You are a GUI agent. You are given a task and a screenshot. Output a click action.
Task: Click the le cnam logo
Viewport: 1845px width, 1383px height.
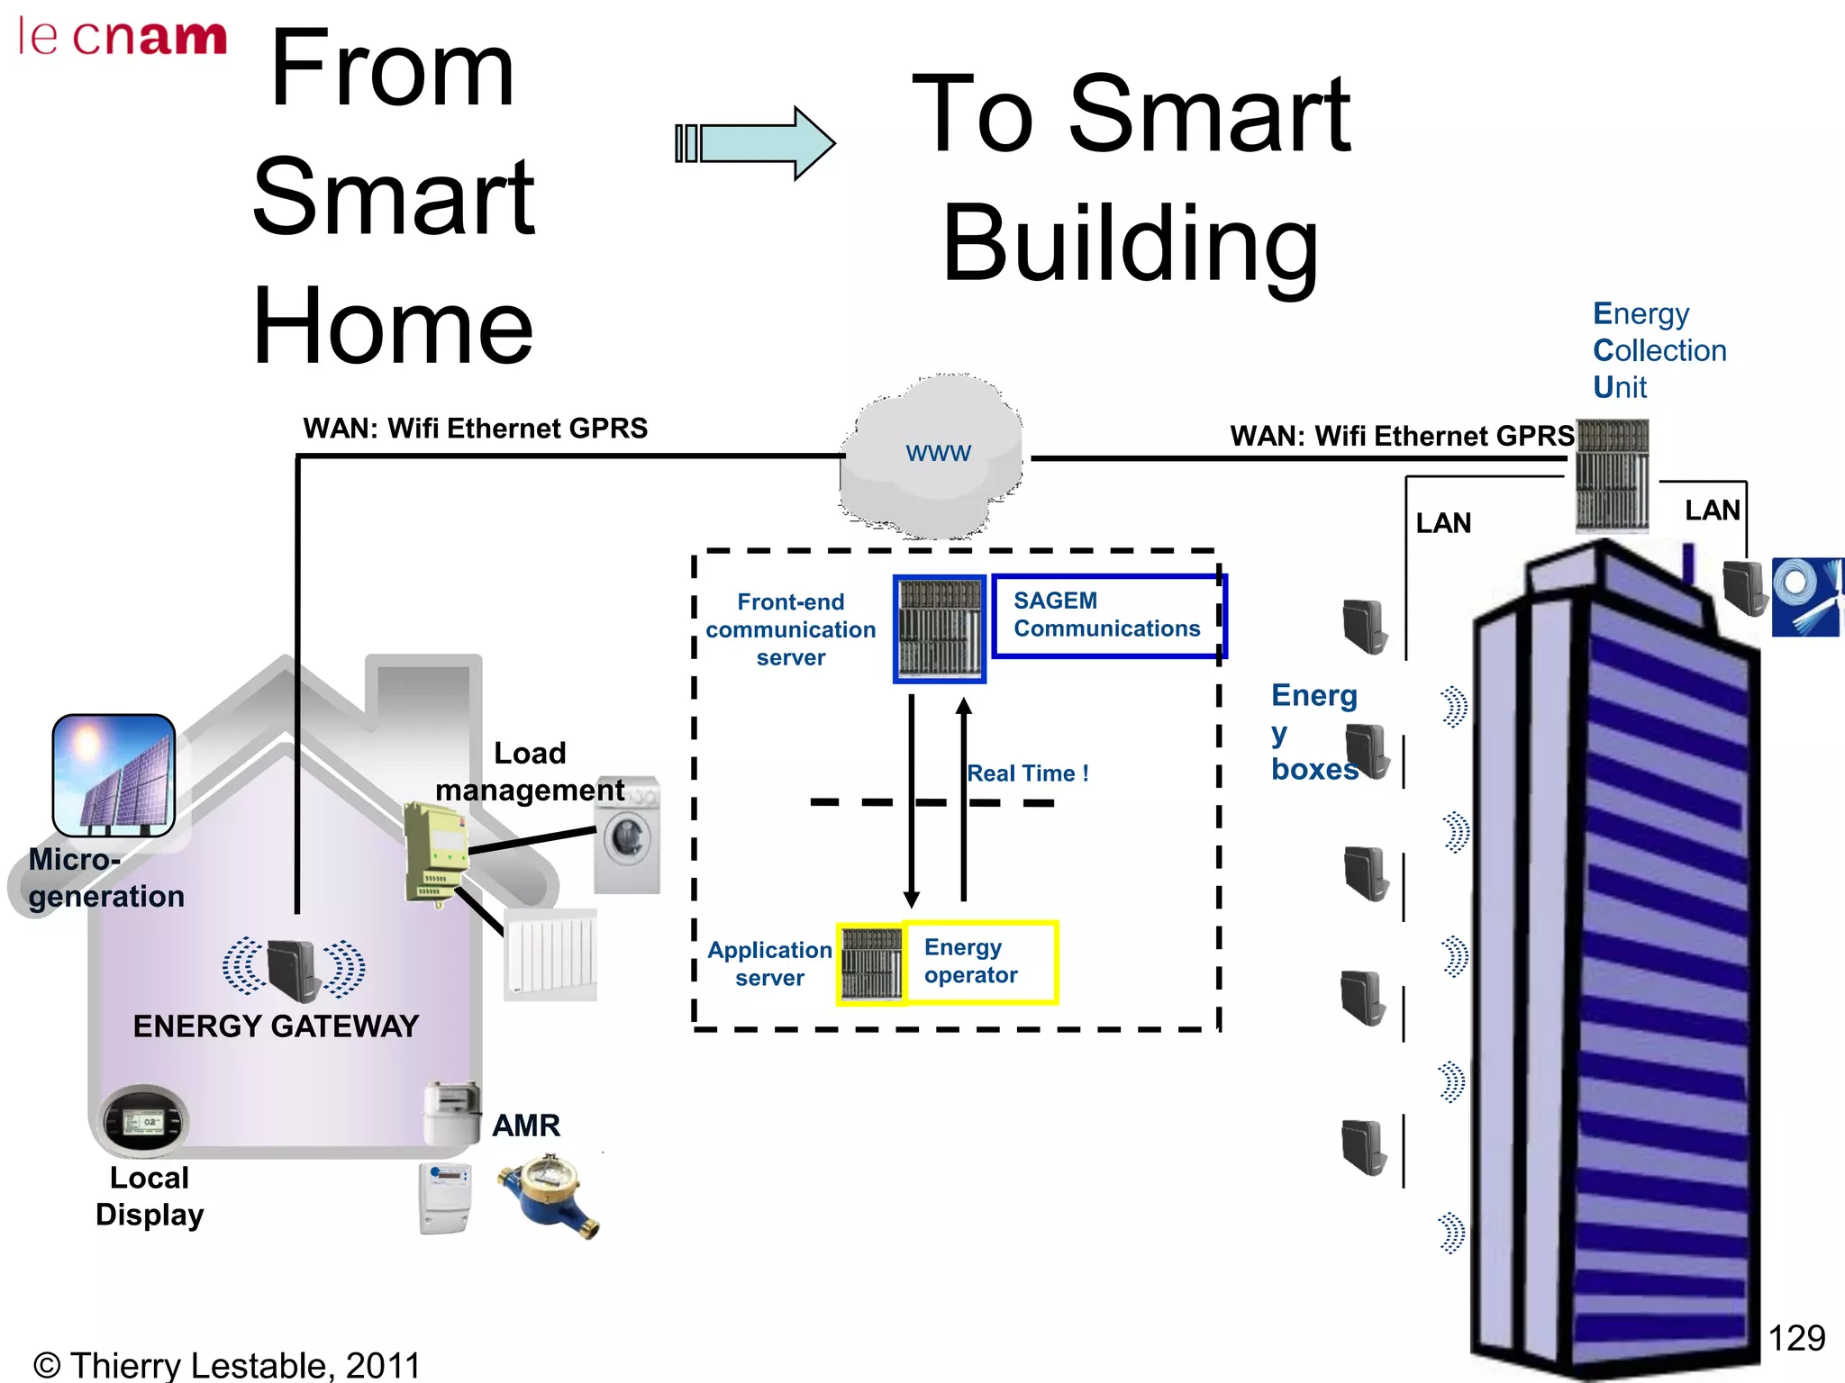pos(122,38)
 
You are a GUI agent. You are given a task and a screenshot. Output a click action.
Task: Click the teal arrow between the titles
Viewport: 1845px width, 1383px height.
pos(757,143)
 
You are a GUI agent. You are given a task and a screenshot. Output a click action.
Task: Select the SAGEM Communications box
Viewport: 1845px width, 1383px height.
pos(1107,615)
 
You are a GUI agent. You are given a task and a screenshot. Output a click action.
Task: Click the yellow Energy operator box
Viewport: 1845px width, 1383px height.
pos(978,962)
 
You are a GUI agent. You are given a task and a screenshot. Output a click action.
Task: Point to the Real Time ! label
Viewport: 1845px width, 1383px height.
pos(1028,773)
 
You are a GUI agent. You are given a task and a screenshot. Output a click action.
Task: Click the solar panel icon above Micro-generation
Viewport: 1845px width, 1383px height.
pos(114,774)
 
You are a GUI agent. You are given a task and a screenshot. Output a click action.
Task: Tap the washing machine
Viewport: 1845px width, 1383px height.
pos(628,835)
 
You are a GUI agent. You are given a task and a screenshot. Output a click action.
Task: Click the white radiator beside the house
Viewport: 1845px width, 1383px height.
pos(550,954)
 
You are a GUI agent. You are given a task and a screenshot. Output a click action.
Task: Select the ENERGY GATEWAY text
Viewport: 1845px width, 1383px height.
pos(276,1026)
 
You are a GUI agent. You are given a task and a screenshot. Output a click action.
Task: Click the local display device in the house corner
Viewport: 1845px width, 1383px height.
pos(142,1121)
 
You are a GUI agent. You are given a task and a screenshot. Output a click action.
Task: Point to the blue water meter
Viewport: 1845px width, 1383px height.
pos(548,1196)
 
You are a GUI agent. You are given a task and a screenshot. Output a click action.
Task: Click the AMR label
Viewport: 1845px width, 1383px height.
pos(526,1125)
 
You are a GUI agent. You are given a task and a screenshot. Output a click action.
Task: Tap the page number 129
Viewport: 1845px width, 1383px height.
pos(1795,1338)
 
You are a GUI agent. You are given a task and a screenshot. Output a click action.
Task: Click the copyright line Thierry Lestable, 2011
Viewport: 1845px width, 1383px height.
pos(227,1365)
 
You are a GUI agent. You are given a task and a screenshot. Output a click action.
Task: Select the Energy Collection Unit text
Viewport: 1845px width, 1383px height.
pos(1658,350)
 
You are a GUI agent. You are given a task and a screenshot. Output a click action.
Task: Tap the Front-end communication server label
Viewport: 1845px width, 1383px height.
pos(790,629)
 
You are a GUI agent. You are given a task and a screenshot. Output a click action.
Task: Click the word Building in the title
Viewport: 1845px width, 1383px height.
pos(1130,243)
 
